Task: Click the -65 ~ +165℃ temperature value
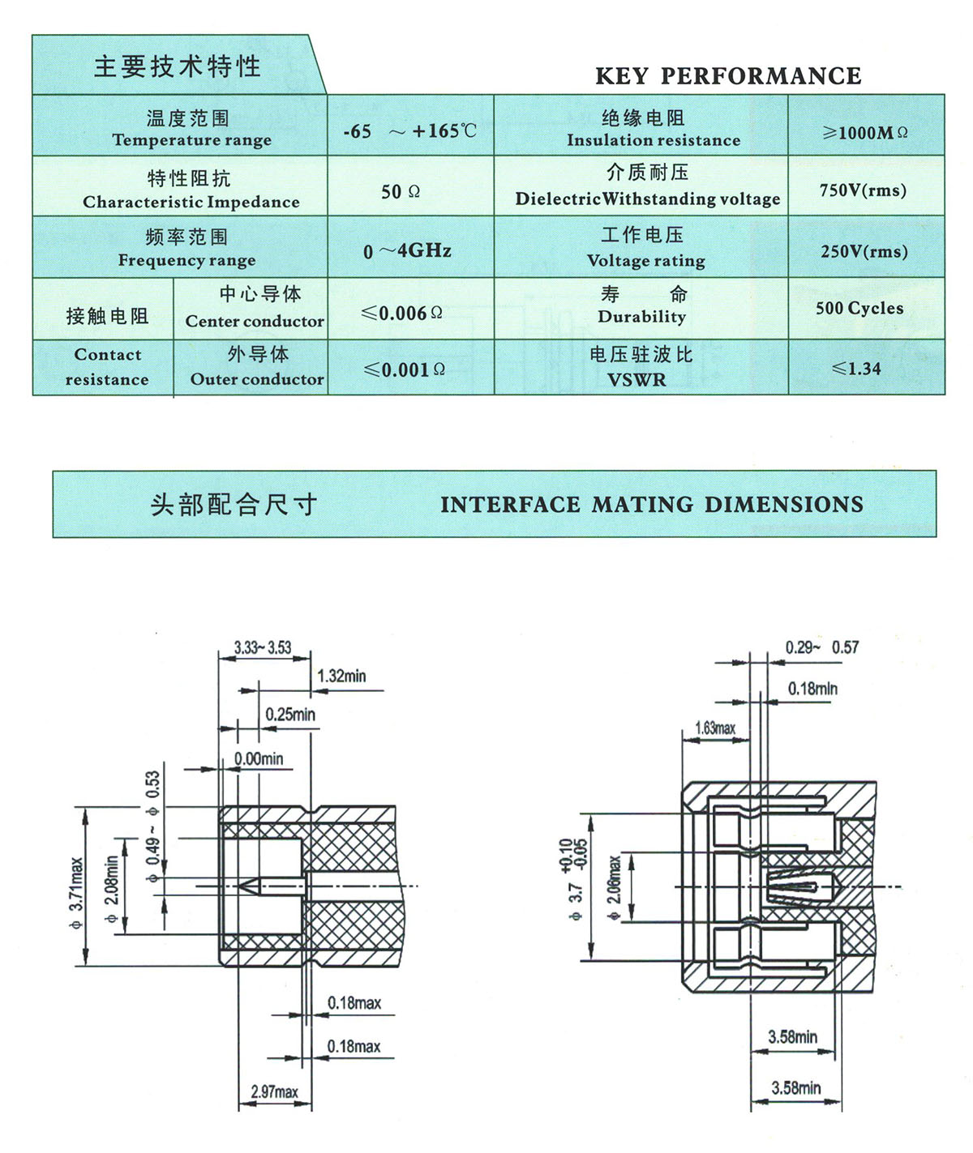click(x=409, y=130)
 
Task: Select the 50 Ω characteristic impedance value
click(x=401, y=192)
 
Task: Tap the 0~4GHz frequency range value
click(x=407, y=251)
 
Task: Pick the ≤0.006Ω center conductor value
click(x=402, y=313)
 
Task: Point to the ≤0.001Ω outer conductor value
click(x=405, y=369)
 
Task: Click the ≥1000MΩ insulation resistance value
click(x=865, y=133)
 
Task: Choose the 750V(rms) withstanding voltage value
click(x=863, y=190)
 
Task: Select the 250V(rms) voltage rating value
click(x=864, y=251)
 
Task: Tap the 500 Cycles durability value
click(x=859, y=308)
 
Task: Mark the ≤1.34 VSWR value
click(x=856, y=369)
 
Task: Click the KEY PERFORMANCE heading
click(x=728, y=76)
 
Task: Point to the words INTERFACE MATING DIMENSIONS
click(x=651, y=505)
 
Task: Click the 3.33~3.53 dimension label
click(x=262, y=647)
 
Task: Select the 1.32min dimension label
click(x=341, y=676)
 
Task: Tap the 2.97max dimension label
click(x=274, y=1092)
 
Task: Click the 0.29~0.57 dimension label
click(x=821, y=647)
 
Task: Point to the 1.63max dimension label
click(x=715, y=728)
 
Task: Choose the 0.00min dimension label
click(x=259, y=758)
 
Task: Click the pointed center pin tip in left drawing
click(x=243, y=886)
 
